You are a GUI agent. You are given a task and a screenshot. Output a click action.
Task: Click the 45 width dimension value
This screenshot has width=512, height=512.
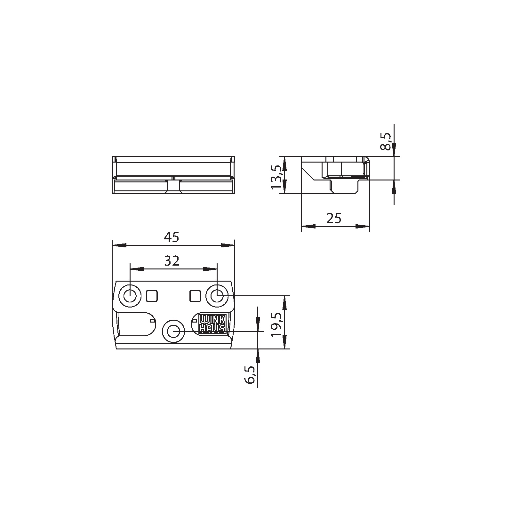172,237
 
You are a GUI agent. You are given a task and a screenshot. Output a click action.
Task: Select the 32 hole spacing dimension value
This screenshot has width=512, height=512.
172,261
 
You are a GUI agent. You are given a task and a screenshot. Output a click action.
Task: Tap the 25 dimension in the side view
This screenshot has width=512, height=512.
334,218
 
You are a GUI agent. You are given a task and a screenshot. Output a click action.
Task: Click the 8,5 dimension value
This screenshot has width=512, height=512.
387,141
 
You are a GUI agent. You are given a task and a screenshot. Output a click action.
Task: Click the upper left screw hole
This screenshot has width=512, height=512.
130,296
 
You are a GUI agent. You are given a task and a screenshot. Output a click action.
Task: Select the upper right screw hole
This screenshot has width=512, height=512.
217,296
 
